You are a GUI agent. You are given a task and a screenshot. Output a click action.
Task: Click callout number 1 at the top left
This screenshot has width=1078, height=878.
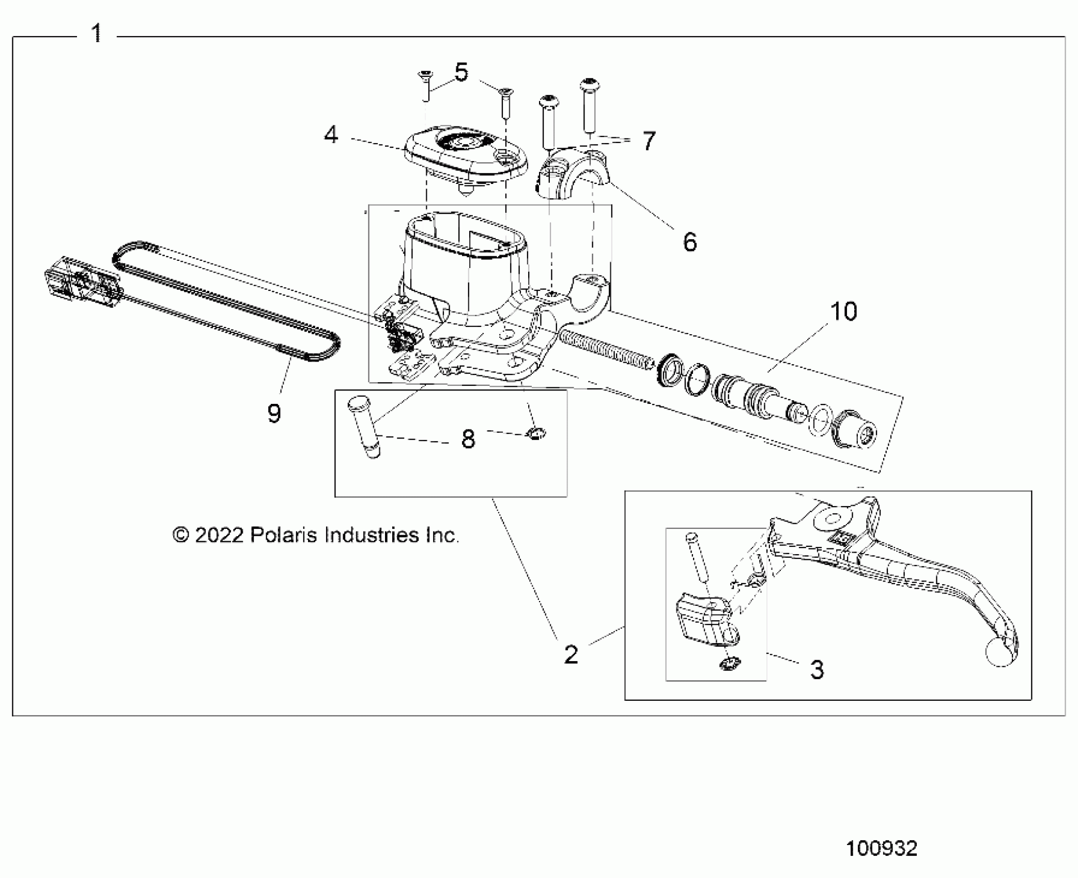pyautogui.click(x=97, y=34)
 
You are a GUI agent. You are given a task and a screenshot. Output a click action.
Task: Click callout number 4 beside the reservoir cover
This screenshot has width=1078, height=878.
pyautogui.click(x=331, y=135)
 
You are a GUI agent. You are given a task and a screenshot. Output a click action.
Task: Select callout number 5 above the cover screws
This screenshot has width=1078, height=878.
pyautogui.click(x=461, y=72)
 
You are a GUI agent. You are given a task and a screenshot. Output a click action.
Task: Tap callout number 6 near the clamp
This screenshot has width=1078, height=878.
pyautogui.click(x=690, y=242)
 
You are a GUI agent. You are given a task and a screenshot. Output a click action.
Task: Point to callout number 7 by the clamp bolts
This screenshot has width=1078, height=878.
pyautogui.click(x=649, y=140)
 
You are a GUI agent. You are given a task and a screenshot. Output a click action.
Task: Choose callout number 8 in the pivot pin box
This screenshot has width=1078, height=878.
pyautogui.click(x=468, y=439)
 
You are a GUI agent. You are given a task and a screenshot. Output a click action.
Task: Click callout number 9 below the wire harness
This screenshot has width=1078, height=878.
pyautogui.click(x=274, y=413)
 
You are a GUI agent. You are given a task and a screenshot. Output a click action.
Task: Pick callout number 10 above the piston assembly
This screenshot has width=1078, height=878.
pyautogui.click(x=843, y=311)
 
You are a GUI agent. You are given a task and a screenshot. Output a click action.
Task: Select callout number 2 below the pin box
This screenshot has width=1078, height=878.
pyautogui.click(x=571, y=655)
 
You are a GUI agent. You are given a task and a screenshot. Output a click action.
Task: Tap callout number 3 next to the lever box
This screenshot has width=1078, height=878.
pyautogui.click(x=817, y=669)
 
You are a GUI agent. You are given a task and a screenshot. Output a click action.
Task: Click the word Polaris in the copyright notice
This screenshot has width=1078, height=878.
pyautogui.click(x=283, y=535)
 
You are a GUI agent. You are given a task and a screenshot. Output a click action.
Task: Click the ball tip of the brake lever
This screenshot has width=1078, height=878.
pyautogui.click(x=999, y=653)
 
